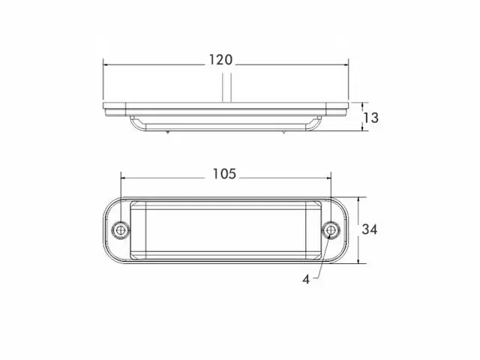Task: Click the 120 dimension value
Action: point(220,60)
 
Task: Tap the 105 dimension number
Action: point(224,174)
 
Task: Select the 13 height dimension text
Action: point(370,118)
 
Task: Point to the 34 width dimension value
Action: point(370,229)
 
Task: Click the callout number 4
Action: point(306,279)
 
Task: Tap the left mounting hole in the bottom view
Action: point(121,229)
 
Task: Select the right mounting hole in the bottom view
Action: point(331,229)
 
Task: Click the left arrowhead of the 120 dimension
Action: point(106,65)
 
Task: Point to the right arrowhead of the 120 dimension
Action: point(345,65)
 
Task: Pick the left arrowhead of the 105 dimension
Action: point(124,178)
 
